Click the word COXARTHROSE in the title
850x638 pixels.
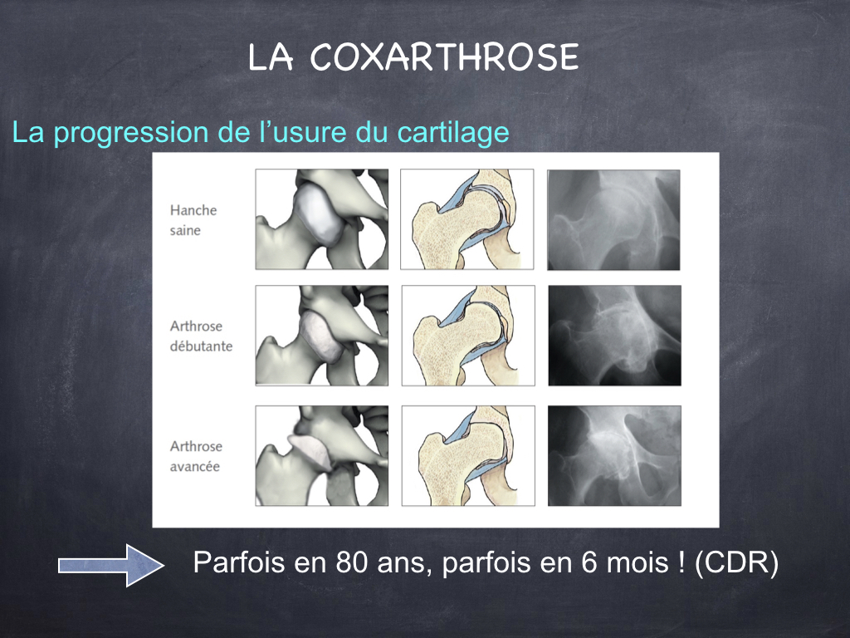coord(445,57)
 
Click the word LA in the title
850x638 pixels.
coord(271,57)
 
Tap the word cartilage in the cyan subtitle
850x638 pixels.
coord(453,132)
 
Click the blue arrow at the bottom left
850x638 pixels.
coord(111,565)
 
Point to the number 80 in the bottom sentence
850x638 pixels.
coord(352,562)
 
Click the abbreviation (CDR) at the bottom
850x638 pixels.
coord(737,562)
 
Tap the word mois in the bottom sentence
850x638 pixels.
coord(637,562)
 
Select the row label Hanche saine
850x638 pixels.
coord(193,219)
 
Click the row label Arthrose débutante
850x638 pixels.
coord(201,336)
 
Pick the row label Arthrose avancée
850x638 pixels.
coord(196,456)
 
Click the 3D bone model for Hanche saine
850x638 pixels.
coord(322,219)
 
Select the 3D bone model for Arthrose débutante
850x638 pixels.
coord(322,336)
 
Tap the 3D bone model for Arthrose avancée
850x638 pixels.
coord(322,456)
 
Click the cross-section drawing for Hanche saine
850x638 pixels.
coord(467,219)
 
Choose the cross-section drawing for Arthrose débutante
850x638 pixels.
coord(468,336)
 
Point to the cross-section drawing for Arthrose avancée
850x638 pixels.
coord(468,456)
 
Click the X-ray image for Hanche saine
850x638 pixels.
coord(613,219)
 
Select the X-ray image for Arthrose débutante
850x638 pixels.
coord(615,336)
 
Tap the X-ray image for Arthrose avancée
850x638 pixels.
coord(615,456)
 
